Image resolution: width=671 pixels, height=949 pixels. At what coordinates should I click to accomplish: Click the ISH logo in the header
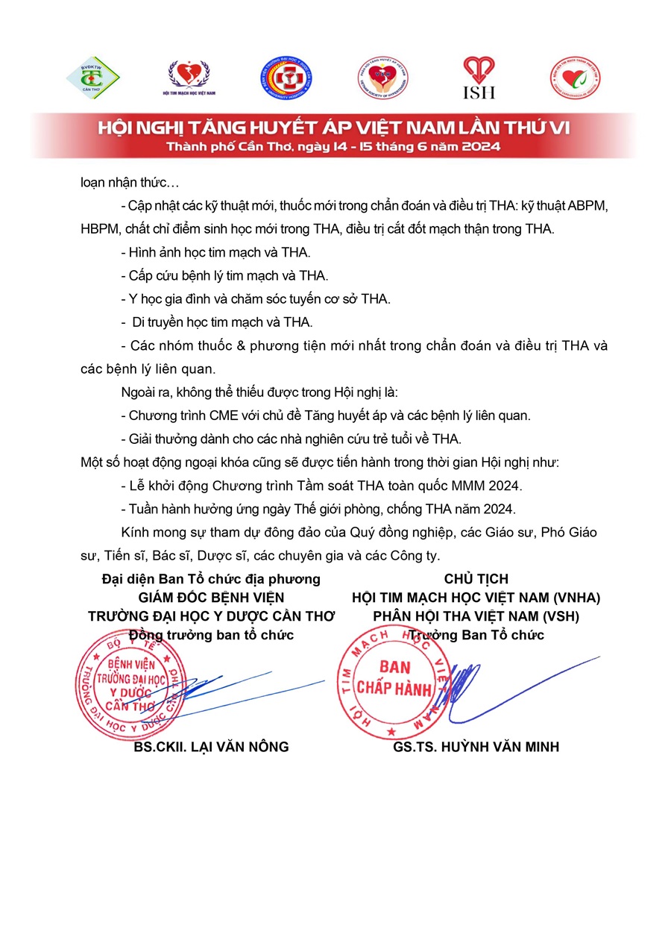coord(479,78)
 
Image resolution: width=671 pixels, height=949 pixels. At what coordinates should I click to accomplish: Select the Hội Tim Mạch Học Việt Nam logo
coord(188,78)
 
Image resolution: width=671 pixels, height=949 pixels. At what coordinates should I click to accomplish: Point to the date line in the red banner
coord(334,146)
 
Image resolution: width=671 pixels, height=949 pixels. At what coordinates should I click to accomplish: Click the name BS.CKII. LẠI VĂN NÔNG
coord(211,747)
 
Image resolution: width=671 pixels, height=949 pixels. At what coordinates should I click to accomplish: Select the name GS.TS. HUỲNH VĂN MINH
coord(476,747)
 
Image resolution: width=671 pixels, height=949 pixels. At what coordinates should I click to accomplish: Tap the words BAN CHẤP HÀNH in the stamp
coord(394,677)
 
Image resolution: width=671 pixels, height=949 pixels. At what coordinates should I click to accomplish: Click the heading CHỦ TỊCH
coord(476,578)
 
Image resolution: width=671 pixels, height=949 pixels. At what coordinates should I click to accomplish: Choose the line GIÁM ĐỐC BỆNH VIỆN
coord(211,597)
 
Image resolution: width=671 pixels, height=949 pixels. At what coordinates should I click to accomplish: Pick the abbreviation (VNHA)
coord(573,597)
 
